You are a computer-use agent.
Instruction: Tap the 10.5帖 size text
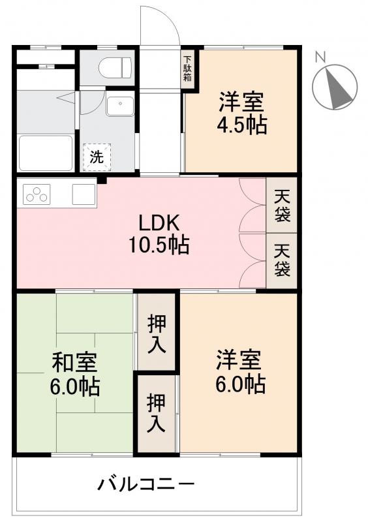(159, 245)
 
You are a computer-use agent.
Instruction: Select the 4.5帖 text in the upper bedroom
(242, 125)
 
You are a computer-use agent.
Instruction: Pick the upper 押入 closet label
(157, 332)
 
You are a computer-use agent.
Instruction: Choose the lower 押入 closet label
(156, 412)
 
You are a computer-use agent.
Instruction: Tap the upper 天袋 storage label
(281, 204)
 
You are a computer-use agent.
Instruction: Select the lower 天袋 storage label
(281, 260)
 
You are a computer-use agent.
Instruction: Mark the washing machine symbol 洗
(96, 157)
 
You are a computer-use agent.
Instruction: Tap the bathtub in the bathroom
(46, 152)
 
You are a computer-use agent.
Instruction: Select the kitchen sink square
(84, 194)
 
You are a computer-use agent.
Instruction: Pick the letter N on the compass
(320, 57)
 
